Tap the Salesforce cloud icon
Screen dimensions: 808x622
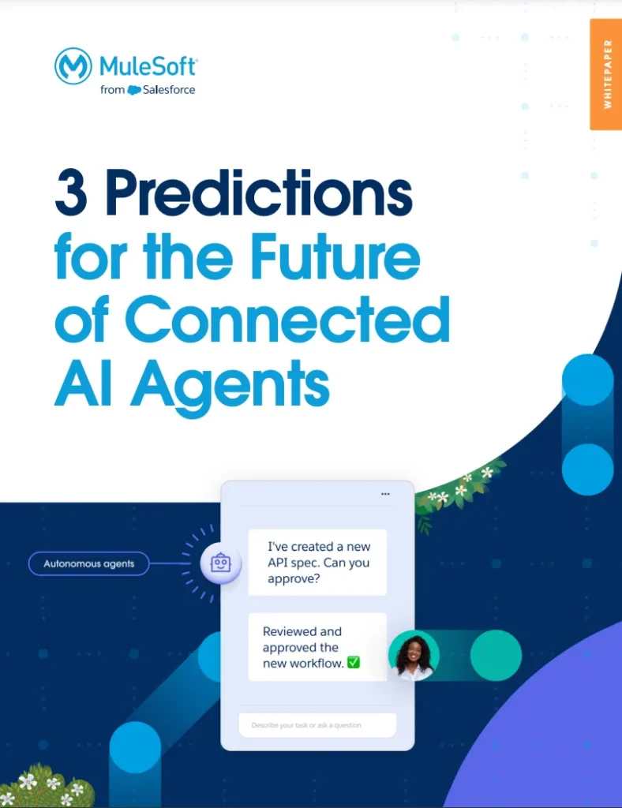pos(134,90)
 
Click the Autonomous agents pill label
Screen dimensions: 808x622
pos(88,563)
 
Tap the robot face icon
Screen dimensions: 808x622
pos(220,563)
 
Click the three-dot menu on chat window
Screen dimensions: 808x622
pos(385,494)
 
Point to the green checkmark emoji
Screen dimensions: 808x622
pos(353,663)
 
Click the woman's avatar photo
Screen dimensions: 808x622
pos(414,656)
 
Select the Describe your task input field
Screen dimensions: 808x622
pos(317,725)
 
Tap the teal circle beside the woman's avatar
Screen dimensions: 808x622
pos(496,655)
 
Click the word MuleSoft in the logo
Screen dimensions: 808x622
pos(148,65)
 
